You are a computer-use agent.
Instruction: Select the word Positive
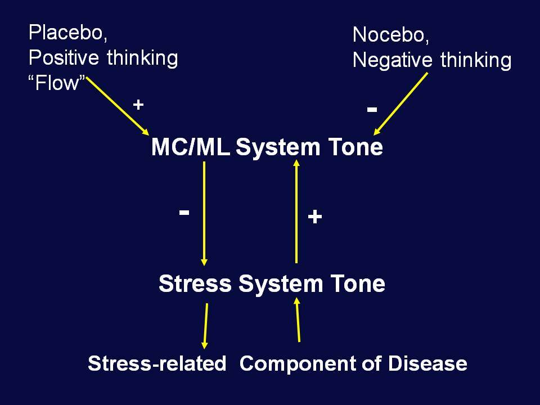click(x=64, y=57)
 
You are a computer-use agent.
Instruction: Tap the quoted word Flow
click(x=57, y=83)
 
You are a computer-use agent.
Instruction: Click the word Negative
click(x=392, y=60)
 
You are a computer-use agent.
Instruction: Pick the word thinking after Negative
click(x=476, y=60)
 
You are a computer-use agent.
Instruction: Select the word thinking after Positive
click(x=142, y=57)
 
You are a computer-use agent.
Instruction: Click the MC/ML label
click(x=191, y=147)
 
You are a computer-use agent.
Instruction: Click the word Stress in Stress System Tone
click(x=195, y=283)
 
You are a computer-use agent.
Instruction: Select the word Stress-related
click(x=157, y=363)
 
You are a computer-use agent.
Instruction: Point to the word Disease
click(x=427, y=363)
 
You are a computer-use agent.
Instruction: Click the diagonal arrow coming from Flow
click(x=118, y=106)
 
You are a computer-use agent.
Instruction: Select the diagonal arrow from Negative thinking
click(x=401, y=103)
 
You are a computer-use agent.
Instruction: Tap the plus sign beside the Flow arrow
click(x=138, y=105)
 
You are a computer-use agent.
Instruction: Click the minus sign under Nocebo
click(x=372, y=110)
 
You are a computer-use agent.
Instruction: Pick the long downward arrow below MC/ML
click(x=204, y=214)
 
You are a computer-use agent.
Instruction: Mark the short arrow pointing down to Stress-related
click(x=206, y=326)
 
